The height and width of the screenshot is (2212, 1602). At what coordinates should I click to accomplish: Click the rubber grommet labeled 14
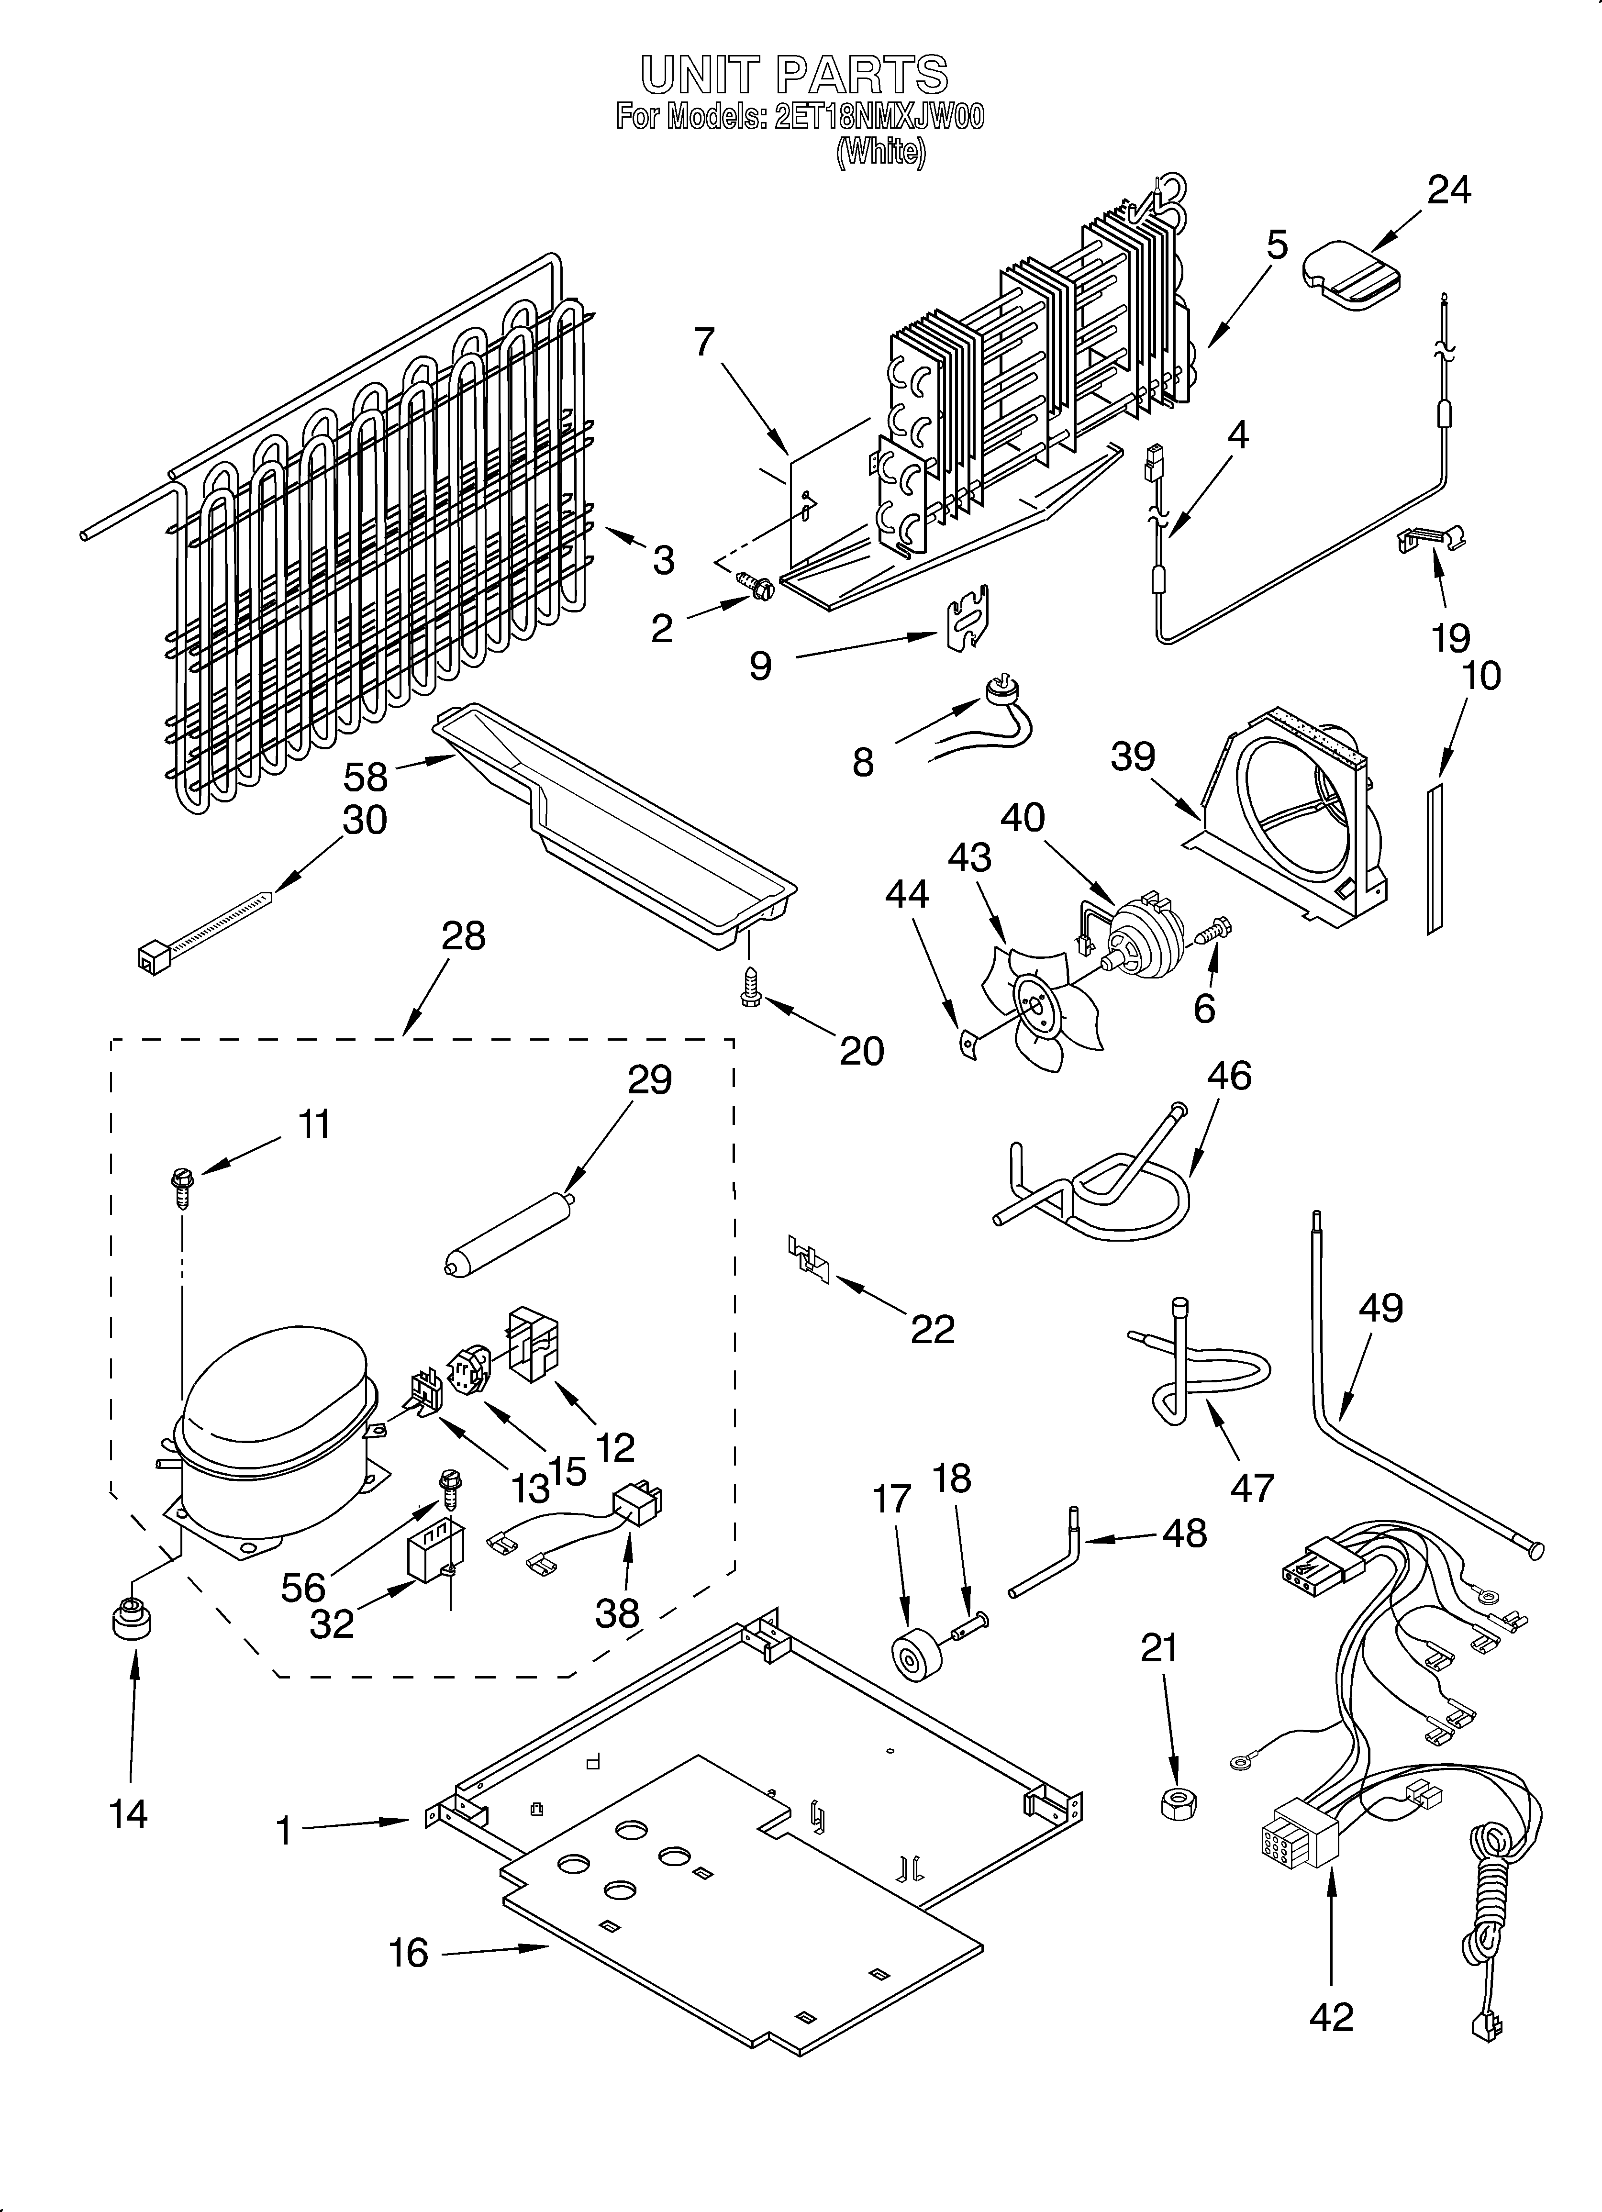point(131,1623)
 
